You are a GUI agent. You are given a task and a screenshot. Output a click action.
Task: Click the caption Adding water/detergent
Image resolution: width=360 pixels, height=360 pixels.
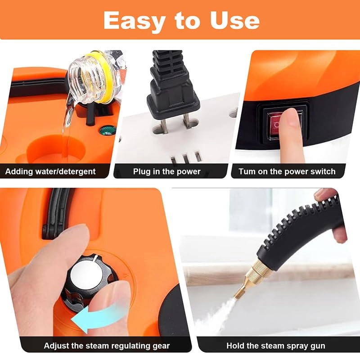click(x=50, y=171)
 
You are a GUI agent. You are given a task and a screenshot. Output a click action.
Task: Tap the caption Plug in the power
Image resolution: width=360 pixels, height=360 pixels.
click(x=166, y=171)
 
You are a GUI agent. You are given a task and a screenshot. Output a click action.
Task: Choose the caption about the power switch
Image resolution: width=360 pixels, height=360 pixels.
click(x=287, y=171)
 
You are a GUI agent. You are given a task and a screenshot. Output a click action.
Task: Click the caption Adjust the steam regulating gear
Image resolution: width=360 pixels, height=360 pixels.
click(x=107, y=346)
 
